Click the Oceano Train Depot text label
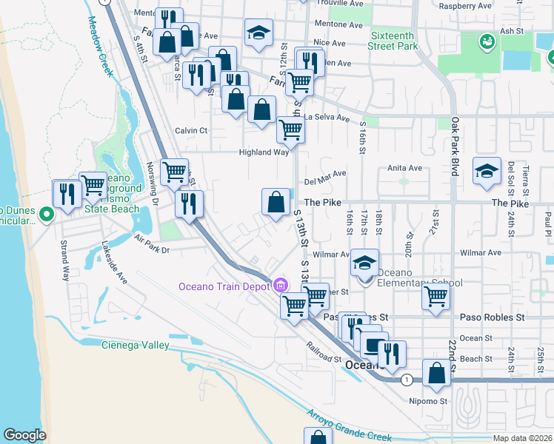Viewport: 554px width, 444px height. (224, 286)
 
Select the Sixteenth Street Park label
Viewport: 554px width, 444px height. (395, 40)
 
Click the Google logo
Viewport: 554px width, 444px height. (24, 435)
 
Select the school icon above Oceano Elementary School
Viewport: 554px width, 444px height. (364, 263)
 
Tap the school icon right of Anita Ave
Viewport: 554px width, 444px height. (487, 171)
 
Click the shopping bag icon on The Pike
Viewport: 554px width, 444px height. (276, 201)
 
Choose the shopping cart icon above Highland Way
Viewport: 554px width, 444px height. (290, 130)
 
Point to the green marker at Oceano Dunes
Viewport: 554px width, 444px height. (46, 215)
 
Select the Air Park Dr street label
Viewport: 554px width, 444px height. (152, 245)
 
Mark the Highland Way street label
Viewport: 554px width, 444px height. (263, 152)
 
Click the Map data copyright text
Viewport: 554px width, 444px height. (522, 438)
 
